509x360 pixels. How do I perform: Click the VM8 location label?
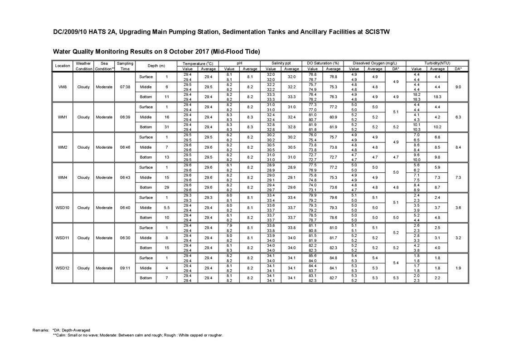pyautogui.click(x=63, y=87)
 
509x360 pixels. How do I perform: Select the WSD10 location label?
pyautogui.click(x=63, y=208)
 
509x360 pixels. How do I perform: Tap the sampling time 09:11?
pyautogui.click(x=125, y=268)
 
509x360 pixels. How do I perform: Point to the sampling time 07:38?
pyautogui.click(x=125, y=87)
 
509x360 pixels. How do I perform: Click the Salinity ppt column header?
pyautogui.click(x=281, y=63)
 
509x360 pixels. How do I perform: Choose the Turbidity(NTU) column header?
pyautogui.click(x=437, y=63)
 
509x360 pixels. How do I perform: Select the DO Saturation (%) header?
pyautogui.click(x=323, y=63)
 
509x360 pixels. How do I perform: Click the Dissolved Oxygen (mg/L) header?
pyautogui.click(x=374, y=63)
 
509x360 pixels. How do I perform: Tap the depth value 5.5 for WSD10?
pyautogui.click(x=167, y=208)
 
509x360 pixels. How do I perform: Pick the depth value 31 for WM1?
pyautogui.click(x=167, y=127)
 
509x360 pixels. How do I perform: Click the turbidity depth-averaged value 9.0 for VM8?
pyautogui.click(x=458, y=87)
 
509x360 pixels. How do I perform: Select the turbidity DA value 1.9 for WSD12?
pyautogui.click(x=458, y=268)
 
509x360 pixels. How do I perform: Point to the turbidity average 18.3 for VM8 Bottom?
pyautogui.click(x=437, y=97)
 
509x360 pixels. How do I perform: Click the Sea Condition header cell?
pyautogui.click(x=104, y=66)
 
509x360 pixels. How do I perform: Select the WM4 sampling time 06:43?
pyautogui.click(x=125, y=177)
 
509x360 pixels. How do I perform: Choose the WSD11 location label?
pyautogui.click(x=63, y=238)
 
